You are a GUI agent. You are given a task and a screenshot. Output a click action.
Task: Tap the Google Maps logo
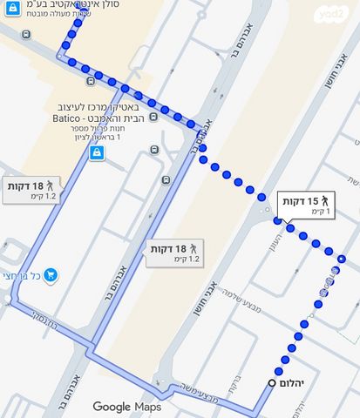coord(127,406)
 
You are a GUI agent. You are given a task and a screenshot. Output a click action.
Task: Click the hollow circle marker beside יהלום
coord(273,382)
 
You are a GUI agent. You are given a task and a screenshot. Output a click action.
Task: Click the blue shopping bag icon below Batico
coord(96,153)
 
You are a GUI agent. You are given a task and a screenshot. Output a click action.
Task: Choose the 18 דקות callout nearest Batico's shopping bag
coord(32,190)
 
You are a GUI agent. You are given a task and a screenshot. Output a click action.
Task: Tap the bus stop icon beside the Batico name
coord(153,116)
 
